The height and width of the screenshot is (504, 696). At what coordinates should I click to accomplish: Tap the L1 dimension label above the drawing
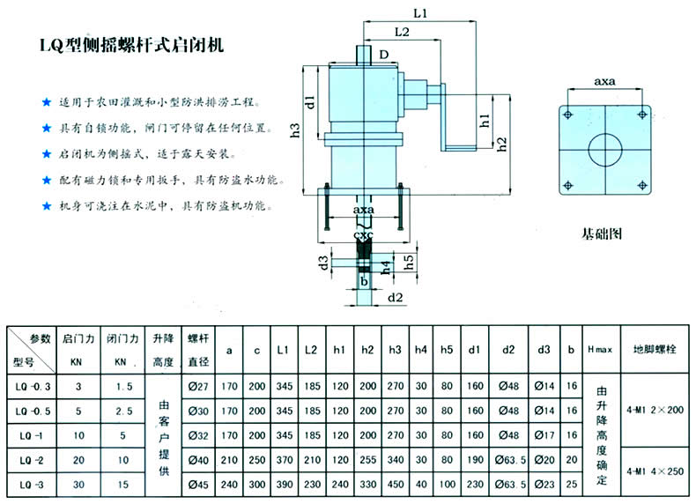pyautogui.click(x=419, y=14)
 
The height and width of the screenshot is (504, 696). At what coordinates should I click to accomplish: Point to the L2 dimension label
pyautogui.click(x=403, y=32)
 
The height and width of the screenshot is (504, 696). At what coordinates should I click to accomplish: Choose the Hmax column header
pyautogui.click(x=601, y=350)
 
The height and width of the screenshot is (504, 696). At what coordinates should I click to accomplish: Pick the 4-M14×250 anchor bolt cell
pyautogui.click(x=656, y=471)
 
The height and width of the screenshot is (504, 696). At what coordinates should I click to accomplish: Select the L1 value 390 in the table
pyautogui.click(x=282, y=484)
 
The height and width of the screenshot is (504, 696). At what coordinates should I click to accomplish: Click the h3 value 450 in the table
pyautogui.click(x=395, y=484)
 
